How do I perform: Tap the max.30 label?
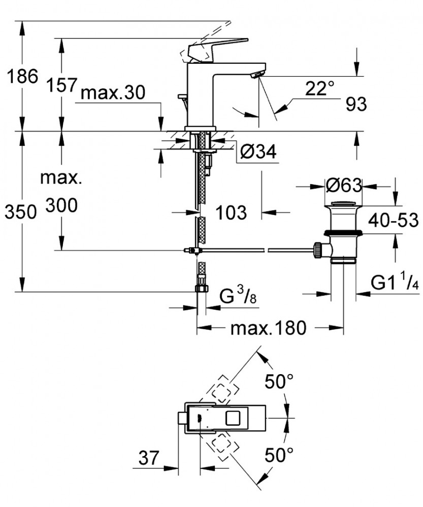pyautogui.click(x=113, y=93)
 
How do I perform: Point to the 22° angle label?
pyautogui.click(x=320, y=89)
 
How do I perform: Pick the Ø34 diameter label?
pyautogui.click(x=258, y=152)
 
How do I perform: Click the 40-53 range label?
pyautogui.click(x=394, y=221)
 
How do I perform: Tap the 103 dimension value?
pyautogui.click(x=230, y=212)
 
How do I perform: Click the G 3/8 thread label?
pyautogui.click(x=238, y=296)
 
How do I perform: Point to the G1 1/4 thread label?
pyautogui.click(x=395, y=282)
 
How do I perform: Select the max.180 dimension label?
pyautogui.click(x=268, y=329)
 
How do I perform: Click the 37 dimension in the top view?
pyautogui.click(x=151, y=458)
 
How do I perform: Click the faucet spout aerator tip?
pyautogui.click(x=257, y=75)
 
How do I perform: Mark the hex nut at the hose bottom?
pyautogui.click(x=201, y=288)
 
